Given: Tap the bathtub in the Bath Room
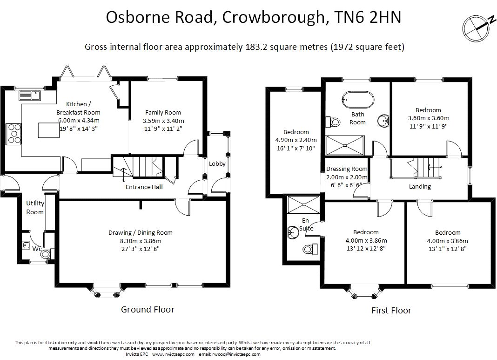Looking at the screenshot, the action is [x=357, y=99].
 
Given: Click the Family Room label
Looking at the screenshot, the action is [x=163, y=112].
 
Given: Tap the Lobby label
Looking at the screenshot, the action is [x=217, y=164].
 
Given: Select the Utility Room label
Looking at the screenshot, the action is [x=35, y=208].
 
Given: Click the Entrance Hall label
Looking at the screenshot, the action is [x=144, y=187].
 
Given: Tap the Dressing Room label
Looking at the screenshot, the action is [x=347, y=169].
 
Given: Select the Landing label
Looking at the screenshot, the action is [x=420, y=187].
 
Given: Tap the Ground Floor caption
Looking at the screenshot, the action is [x=148, y=309].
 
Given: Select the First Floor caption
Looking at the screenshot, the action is [x=391, y=311].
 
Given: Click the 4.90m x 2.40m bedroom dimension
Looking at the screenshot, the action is [x=296, y=140].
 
